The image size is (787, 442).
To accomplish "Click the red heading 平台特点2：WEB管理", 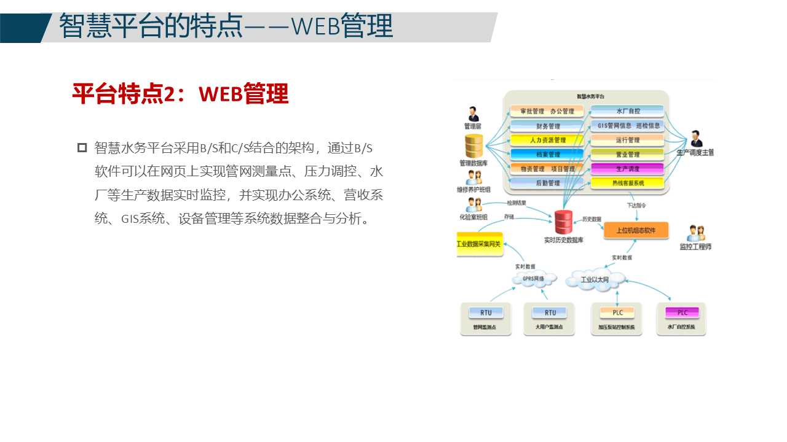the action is tap(180, 94).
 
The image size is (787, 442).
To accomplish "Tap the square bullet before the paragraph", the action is tap(82, 147).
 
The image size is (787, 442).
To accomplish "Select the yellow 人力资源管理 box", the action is tap(547, 140).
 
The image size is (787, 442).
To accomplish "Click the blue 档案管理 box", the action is tap(547, 154).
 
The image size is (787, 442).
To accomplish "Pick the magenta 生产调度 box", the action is tap(627, 168).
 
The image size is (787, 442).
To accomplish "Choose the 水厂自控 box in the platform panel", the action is tap(627, 111).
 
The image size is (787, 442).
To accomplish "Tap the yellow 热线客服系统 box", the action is tap(627, 183).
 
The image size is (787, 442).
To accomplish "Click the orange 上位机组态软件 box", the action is tap(636, 231).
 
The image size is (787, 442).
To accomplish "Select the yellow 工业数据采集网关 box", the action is tap(480, 244).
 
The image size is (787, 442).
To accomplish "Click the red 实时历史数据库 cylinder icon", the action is tap(563, 222).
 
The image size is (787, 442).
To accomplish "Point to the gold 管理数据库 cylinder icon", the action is tap(473, 146).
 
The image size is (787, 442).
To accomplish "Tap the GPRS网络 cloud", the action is tap(533, 279).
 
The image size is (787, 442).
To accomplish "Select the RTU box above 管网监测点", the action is tap(486, 312).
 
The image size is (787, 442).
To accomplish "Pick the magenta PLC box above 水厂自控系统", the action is tap(682, 312).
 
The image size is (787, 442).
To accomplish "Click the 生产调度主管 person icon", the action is tap(695, 139).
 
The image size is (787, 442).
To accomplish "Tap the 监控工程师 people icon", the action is tap(695, 233).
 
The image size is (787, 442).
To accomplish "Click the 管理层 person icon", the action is tap(473, 114).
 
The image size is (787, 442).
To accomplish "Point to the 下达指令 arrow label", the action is tap(636, 206).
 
